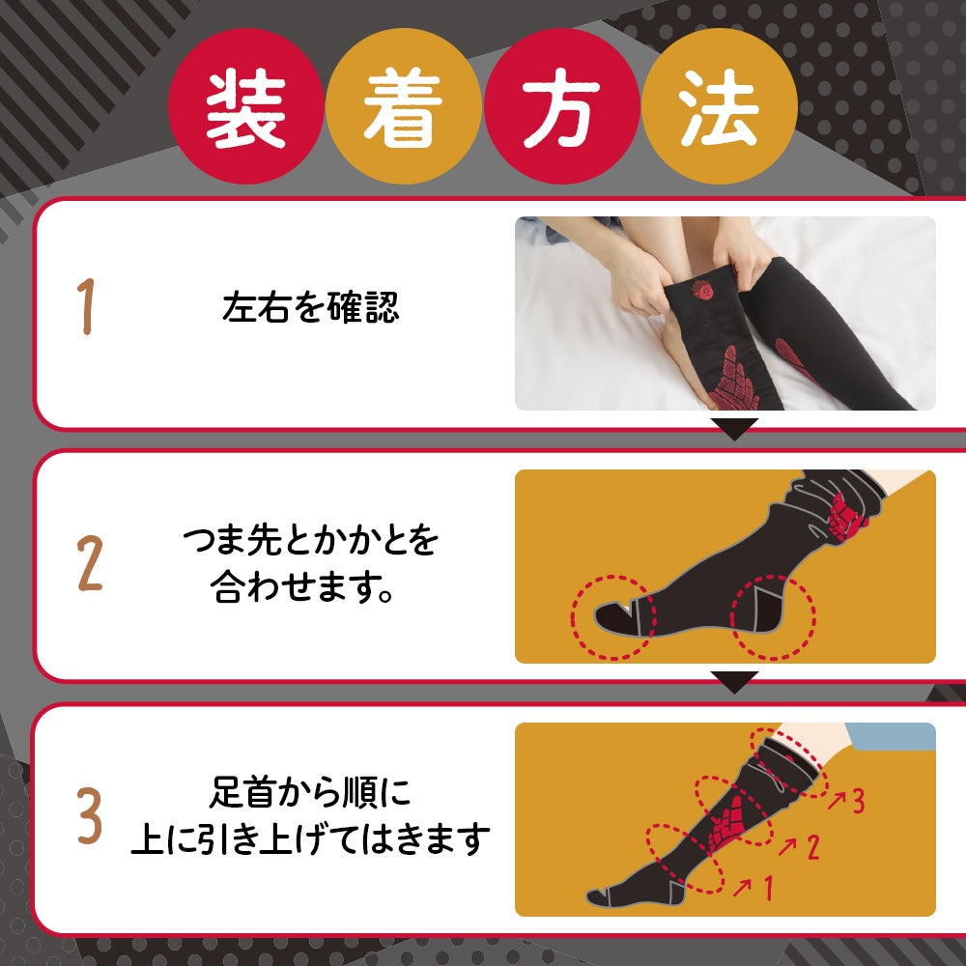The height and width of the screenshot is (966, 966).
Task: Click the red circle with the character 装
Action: (245, 106)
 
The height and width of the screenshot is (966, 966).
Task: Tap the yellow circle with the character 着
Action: (403, 106)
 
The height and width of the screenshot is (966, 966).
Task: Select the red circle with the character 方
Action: (561, 106)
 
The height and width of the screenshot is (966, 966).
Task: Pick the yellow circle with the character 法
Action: (719, 106)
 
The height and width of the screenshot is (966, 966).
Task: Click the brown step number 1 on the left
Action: (87, 306)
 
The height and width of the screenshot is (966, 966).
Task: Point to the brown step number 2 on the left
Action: (90, 563)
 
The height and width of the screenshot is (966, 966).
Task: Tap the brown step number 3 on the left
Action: (90, 815)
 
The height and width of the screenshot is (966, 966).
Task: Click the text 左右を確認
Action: (310, 307)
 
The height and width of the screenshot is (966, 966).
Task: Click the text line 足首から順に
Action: (310, 792)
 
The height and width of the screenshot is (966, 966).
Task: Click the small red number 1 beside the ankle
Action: (768, 888)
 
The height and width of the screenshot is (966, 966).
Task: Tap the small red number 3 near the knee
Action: (858, 801)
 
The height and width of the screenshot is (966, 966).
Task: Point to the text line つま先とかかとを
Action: (310, 541)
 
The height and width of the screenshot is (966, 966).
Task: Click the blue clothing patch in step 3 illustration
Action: (892, 736)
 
